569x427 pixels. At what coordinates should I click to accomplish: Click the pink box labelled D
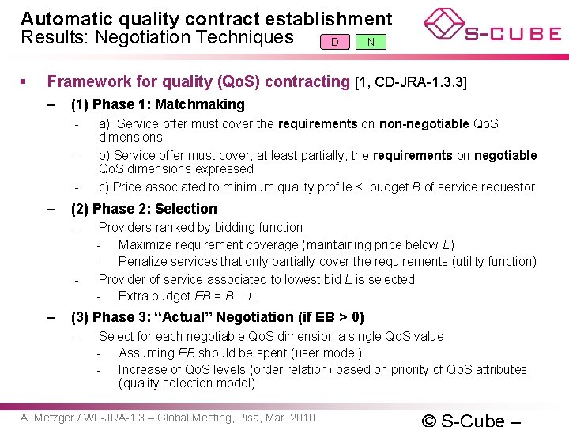click(x=335, y=41)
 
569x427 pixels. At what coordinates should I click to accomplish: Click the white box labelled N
click(x=371, y=41)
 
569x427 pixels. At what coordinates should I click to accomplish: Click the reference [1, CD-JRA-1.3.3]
click(x=411, y=81)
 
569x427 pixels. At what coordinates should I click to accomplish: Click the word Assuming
click(x=146, y=353)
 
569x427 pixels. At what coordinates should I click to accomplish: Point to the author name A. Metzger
click(x=47, y=417)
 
